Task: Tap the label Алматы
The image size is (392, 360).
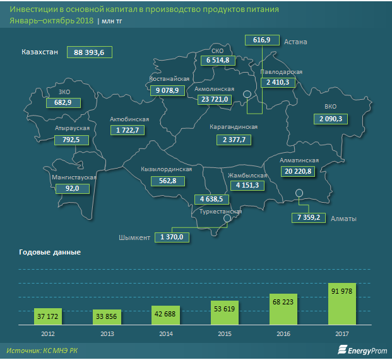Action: click(345, 219)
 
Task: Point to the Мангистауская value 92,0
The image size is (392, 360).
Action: click(73, 188)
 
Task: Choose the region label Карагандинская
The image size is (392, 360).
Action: click(234, 127)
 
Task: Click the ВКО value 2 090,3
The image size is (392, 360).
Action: click(330, 119)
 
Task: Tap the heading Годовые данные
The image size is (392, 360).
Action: click(50, 253)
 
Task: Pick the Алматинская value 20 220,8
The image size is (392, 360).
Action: click(297, 171)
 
